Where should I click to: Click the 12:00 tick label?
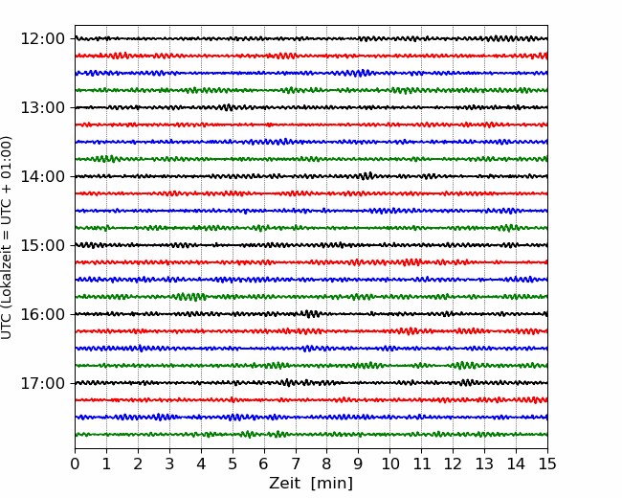42,39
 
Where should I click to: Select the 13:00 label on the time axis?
42,107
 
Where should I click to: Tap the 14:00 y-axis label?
42,176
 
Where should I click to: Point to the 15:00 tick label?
42,245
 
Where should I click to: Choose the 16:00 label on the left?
42,314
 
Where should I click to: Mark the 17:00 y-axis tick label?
42,383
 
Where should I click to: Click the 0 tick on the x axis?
75,464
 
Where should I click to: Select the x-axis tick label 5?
233,464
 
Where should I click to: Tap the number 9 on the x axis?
359,464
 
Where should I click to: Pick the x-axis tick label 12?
453,464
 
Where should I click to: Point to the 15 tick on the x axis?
547,464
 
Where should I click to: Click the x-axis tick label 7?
296,464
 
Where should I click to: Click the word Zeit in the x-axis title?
284,483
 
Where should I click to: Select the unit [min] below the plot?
332,484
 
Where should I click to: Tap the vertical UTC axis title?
7,238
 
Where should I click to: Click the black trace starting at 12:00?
311,39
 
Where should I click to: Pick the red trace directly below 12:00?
311,56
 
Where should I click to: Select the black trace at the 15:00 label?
311,245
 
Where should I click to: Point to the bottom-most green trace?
311,435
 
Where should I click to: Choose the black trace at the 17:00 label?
311,383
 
